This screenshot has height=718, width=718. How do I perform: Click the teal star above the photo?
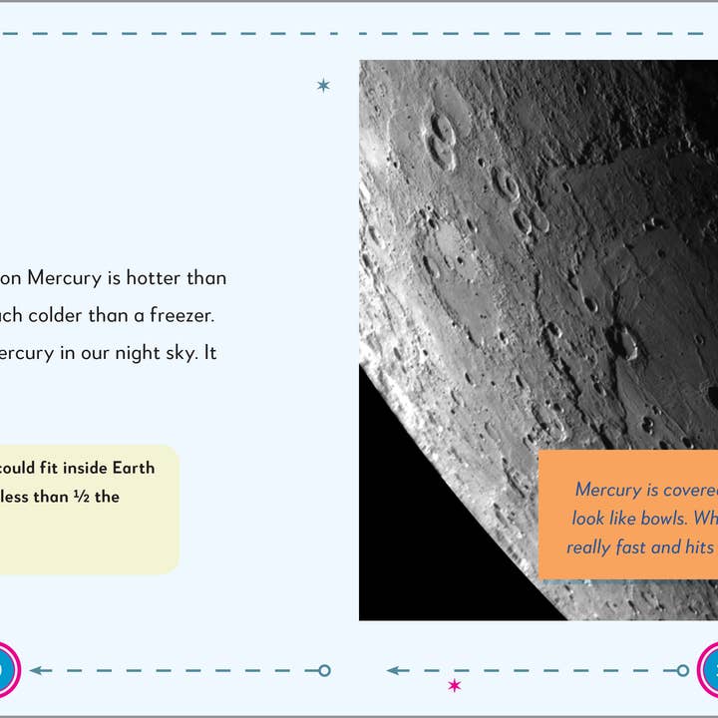tap(323, 86)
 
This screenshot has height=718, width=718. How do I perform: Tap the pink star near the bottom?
tap(455, 685)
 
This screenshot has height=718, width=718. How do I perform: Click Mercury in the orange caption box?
tap(608, 490)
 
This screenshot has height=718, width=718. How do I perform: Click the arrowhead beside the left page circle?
tap(36, 670)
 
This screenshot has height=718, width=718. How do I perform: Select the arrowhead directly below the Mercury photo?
tap(395, 670)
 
